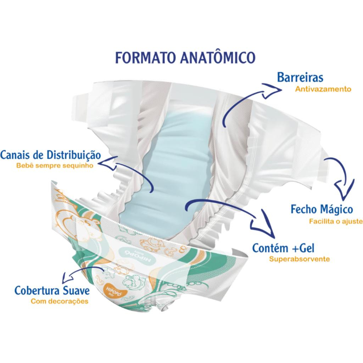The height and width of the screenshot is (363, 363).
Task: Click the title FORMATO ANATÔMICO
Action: coord(185,58)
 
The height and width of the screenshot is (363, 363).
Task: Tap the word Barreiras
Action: coord(300,77)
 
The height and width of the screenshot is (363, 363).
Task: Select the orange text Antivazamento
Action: coord(323,89)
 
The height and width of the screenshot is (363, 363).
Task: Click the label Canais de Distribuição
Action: coord(51,155)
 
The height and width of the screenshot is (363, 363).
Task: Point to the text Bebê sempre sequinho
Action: coord(55,166)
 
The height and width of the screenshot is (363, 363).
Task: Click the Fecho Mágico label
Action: coord(322,209)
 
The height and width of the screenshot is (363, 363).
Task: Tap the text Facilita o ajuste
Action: coord(336,222)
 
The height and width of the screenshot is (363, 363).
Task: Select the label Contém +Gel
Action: coord(283,248)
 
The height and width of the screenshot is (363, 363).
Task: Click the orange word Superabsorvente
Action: coord(299,259)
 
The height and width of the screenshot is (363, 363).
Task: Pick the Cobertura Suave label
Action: coord(52,291)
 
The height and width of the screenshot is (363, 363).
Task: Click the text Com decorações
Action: coord(59,302)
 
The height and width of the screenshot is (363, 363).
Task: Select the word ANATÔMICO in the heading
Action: coord(217,58)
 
